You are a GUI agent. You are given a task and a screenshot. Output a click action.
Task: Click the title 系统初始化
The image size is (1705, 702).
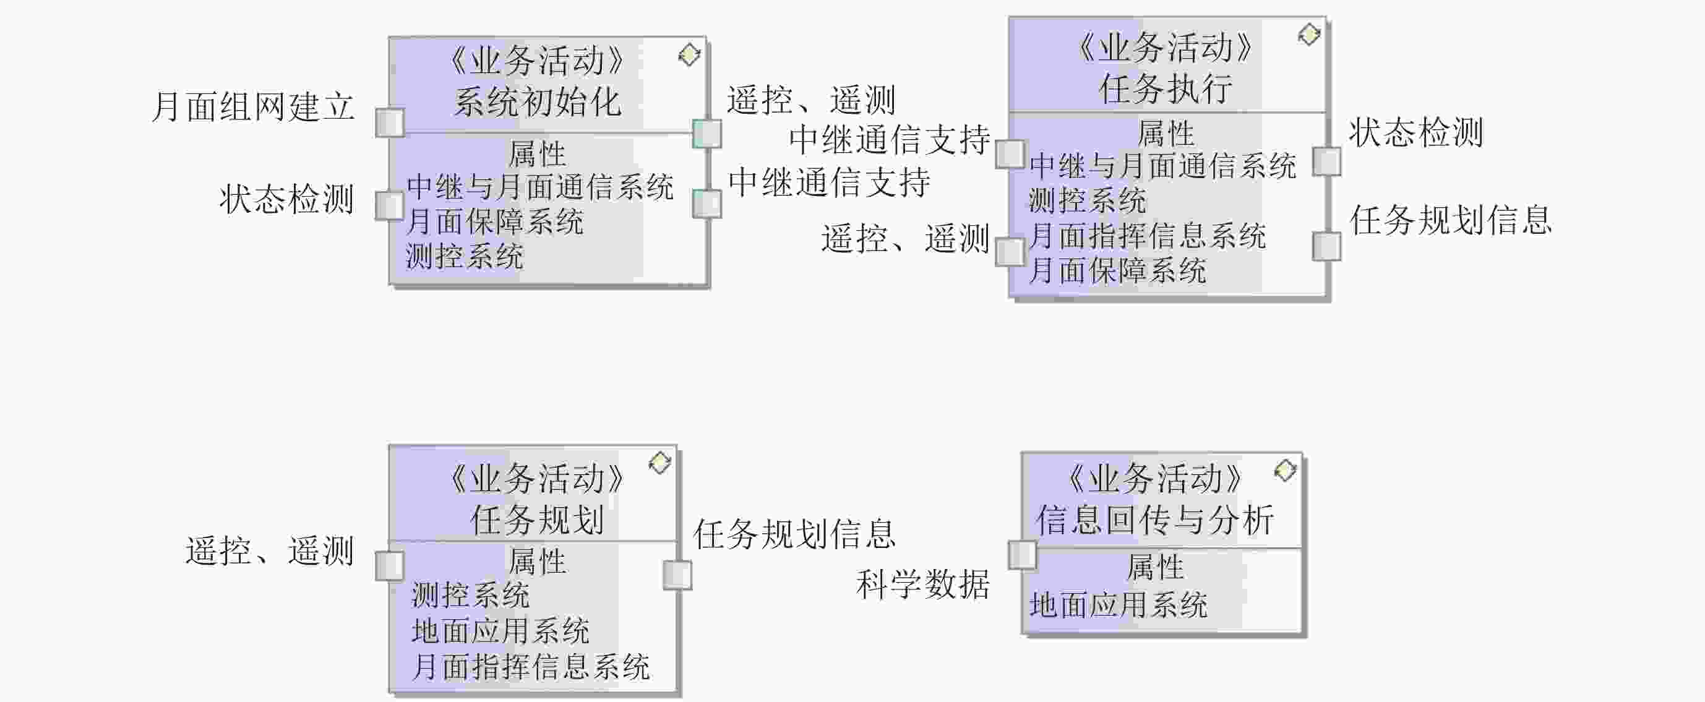click(x=538, y=103)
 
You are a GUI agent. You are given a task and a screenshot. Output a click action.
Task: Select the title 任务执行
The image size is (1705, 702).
click(x=1166, y=88)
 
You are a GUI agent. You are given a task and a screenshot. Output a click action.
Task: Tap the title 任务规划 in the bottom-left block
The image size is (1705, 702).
click(x=537, y=520)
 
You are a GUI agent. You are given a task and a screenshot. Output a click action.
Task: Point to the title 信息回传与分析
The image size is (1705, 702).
click(x=1155, y=520)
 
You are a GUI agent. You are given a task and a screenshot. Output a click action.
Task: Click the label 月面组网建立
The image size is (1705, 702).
click(x=254, y=106)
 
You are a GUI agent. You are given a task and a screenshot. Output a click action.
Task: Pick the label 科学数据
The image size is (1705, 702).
click(x=922, y=584)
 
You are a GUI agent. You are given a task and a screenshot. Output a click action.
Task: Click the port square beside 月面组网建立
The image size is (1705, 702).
click(x=389, y=122)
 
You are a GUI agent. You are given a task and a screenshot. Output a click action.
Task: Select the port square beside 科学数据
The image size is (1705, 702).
click(x=1022, y=555)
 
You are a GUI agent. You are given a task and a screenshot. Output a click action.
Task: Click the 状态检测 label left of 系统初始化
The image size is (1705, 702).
click(x=286, y=199)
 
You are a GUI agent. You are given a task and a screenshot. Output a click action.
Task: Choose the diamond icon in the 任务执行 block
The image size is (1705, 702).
click(x=1308, y=35)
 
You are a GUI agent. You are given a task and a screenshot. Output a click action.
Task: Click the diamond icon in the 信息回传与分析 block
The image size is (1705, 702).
click(x=1285, y=471)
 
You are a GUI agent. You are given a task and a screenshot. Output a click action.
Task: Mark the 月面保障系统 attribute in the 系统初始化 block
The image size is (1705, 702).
click(x=494, y=221)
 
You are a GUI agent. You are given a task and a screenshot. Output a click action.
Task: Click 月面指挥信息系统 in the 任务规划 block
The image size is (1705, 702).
click(x=530, y=666)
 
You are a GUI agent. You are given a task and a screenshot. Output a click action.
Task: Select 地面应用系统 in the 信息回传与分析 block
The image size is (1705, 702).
click(x=1119, y=605)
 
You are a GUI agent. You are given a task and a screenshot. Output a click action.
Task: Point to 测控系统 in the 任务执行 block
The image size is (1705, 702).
click(x=1088, y=200)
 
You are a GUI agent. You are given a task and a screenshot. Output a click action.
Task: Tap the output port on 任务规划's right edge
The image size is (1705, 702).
click(x=677, y=575)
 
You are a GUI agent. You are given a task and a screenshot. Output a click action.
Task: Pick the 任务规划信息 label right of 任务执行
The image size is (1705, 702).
click(x=1451, y=220)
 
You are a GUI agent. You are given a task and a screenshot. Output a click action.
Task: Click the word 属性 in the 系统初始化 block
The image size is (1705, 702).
click(x=537, y=154)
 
